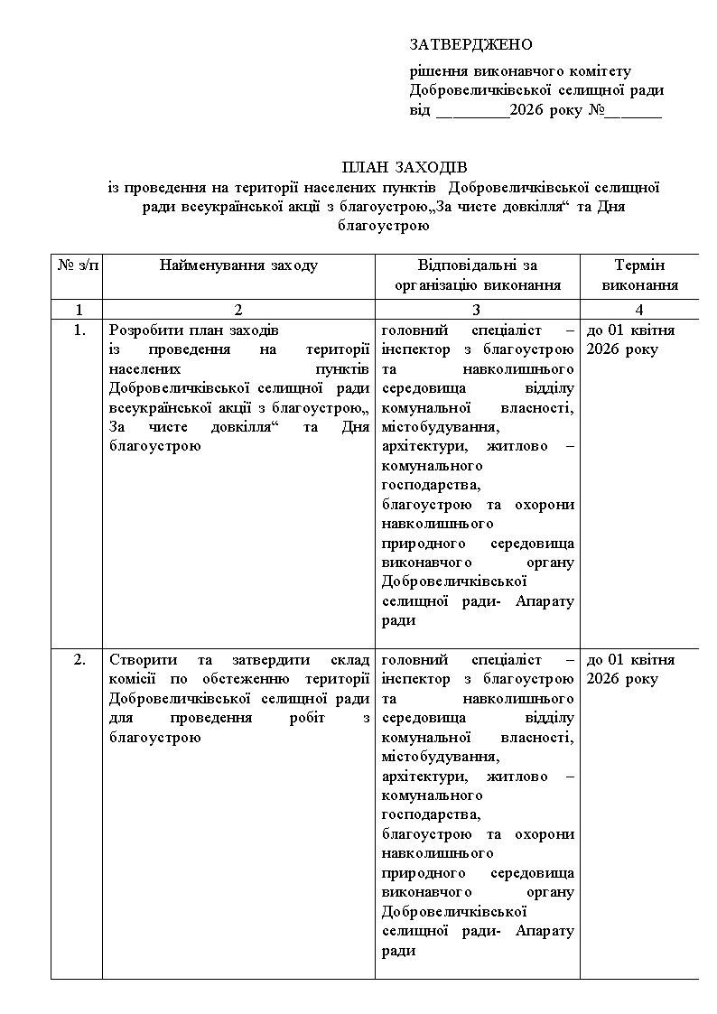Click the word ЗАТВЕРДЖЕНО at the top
tap(470, 44)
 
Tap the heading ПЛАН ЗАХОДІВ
tap(404, 168)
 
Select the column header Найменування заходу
tap(238, 265)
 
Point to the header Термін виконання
tap(638, 274)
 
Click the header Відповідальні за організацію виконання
tap(477, 274)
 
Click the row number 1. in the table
tap(79, 330)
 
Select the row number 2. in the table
tap(79, 660)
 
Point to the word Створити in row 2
tap(137, 660)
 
